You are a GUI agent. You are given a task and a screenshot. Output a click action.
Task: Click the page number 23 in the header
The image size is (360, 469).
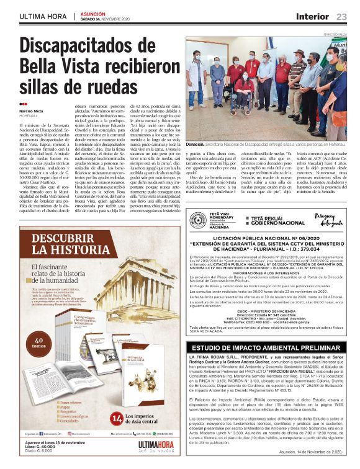(x=341, y=16)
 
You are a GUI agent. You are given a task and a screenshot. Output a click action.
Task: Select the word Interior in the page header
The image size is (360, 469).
(x=312, y=16)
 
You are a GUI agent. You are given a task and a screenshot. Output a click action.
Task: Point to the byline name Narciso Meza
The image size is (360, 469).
(x=30, y=110)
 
